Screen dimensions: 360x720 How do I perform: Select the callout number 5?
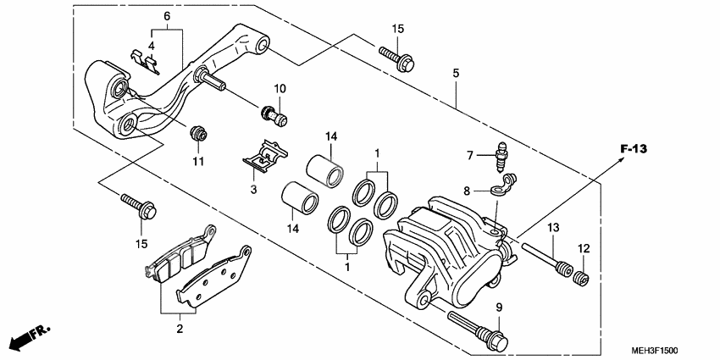point(456,74)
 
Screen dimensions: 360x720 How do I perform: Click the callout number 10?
point(280,89)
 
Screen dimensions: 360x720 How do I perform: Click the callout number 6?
point(167,16)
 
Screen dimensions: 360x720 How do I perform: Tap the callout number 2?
point(179,326)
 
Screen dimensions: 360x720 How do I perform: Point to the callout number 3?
point(252,191)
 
